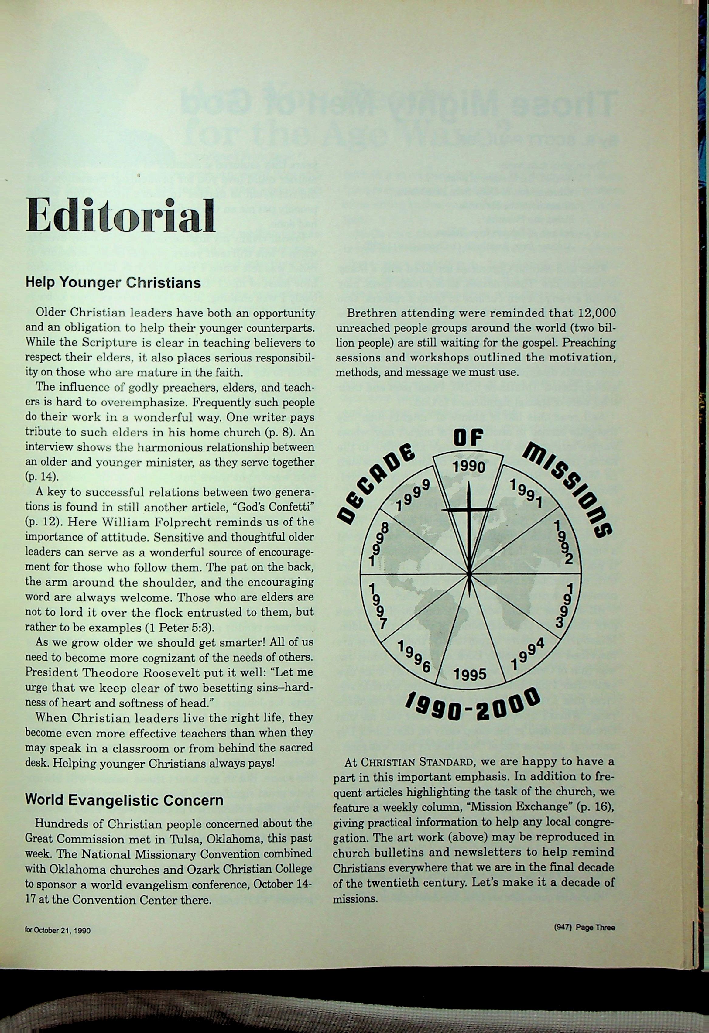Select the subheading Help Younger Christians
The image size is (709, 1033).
click(x=113, y=283)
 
